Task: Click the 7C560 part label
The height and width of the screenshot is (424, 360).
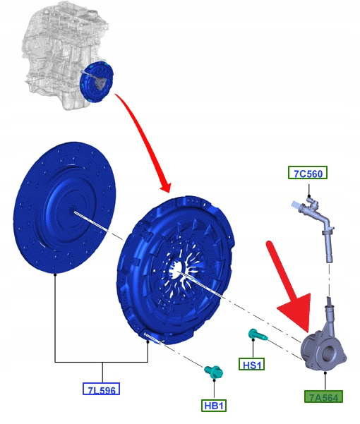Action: (x=308, y=173)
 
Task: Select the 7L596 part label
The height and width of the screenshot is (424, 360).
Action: (x=101, y=389)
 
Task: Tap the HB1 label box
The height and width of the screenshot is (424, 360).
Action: (x=214, y=406)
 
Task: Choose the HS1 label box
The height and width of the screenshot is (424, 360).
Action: (x=251, y=364)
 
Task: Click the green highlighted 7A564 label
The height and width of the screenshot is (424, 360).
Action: (x=323, y=396)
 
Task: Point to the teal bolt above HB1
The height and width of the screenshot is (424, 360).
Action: (x=214, y=371)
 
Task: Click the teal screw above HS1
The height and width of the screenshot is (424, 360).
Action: (x=258, y=335)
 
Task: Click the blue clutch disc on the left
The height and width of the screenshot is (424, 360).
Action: (x=64, y=207)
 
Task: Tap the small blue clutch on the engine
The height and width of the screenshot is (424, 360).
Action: (x=97, y=82)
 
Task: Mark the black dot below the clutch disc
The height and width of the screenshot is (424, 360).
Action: (x=55, y=274)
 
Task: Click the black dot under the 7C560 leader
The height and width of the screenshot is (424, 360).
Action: (x=309, y=196)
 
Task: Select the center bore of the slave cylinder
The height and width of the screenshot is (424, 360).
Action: (x=329, y=353)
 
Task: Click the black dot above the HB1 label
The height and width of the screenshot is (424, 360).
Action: (x=214, y=380)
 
